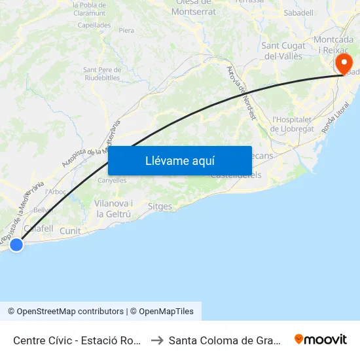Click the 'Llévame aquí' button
tap(180, 160)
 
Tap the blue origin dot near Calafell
tap(16, 244)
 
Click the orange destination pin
tap(342, 64)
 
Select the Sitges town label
tap(160, 207)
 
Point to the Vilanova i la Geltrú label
tap(113, 208)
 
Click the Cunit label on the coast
tap(70, 230)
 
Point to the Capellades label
tap(94, 26)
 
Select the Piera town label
tap(126, 30)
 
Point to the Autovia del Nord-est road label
tap(241, 92)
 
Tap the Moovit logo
tap(321, 339)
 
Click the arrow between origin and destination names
tap(156, 340)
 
